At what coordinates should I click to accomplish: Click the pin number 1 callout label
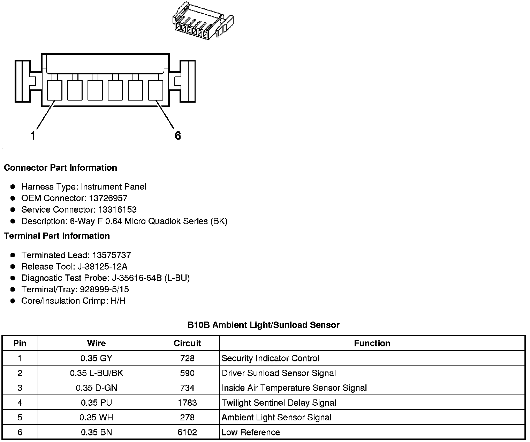pos(33,135)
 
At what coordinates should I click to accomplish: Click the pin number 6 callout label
pos(177,135)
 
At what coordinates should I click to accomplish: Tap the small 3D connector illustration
pos(202,22)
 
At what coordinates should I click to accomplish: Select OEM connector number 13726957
pos(108,198)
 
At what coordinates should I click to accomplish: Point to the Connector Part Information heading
pos(60,168)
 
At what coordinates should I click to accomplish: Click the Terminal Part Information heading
pos(57,236)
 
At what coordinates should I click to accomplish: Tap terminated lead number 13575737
pos(112,255)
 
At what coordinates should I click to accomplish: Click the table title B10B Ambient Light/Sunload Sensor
pos(263,325)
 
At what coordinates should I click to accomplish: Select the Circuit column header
pos(187,344)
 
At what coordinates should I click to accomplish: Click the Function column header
pos(372,344)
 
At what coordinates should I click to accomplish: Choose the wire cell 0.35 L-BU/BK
pos(97,373)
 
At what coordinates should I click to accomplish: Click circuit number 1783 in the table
pos(187,403)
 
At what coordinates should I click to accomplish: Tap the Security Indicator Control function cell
pos(270,359)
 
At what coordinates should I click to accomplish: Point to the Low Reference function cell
pos(251,433)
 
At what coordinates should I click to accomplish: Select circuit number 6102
pos(187,433)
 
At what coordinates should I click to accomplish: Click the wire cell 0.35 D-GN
pos(97,388)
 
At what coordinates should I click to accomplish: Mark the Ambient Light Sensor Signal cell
pos(276,418)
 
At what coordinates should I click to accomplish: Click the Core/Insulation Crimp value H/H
pos(118,301)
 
